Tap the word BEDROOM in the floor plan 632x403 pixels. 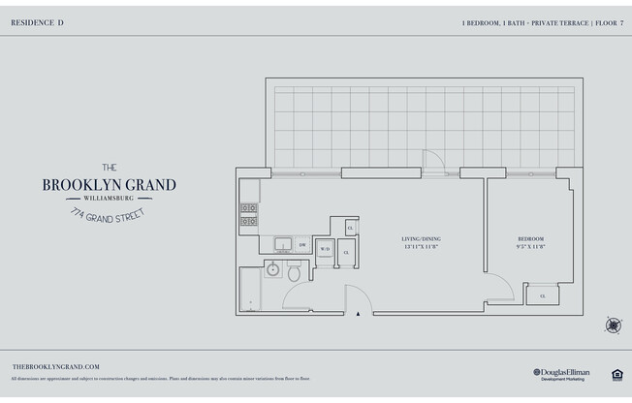pyautogui.click(x=530, y=238)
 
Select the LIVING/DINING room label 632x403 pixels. pyautogui.click(x=422, y=238)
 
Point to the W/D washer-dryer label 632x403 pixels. pyautogui.click(x=325, y=250)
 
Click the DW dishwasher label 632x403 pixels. pyautogui.click(x=302, y=245)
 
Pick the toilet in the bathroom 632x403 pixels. pyautogui.click(x=295, y=272)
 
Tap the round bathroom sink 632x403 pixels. pyautogui.click(x=273, y=268)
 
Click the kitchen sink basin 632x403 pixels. pyautogui.click(x=283, y=244)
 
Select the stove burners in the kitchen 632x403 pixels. pyautogui.click(x=249, y=214)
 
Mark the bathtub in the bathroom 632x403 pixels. pyautogui.click(x=251, y=290)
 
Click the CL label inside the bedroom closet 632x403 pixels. pyautogui.click(x=542, y=295)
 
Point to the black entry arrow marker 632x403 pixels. pyautogui.click(x=360, y=313)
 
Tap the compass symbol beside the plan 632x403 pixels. pyautogui.click(x=613, y=325)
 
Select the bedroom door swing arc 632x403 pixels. pyautogui.click(x=501, y=287)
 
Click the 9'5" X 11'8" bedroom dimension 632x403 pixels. pyautogui.click(x=530, y=247)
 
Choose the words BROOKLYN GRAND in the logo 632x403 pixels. pyautogui.click(x=110, y=185)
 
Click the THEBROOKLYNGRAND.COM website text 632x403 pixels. pyautogui.click(x=56, y=366)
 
